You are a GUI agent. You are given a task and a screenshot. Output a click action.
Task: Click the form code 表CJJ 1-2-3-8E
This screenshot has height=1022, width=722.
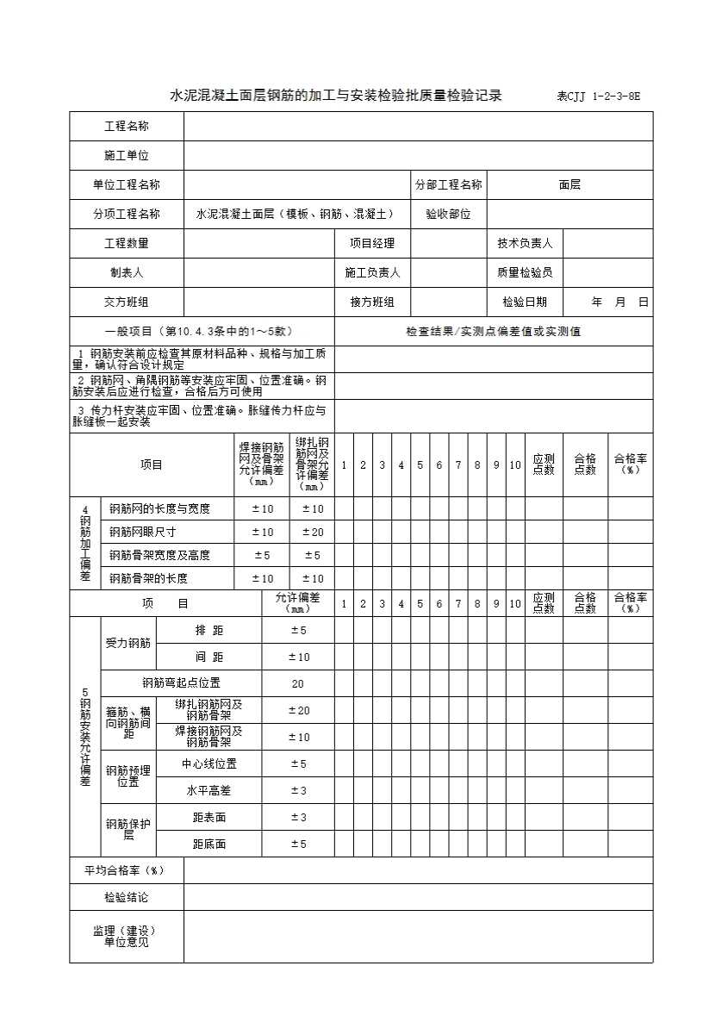click(x=598, y=97)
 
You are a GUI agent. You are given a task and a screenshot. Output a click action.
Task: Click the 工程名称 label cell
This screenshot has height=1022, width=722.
click(x=127, y=127)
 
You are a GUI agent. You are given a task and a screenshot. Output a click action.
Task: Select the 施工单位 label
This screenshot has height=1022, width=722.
click(x=127, y=156)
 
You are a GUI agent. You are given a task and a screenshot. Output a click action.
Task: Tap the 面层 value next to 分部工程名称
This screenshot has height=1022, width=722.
click(x=570, y=185)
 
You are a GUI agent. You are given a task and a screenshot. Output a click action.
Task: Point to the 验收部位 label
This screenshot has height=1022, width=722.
click(x=448, y=215)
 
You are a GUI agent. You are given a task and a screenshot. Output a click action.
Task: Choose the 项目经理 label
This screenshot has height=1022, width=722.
click(x=372, y=244)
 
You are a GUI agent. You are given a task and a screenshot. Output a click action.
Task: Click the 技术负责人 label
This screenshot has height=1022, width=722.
click(x=525, y=244)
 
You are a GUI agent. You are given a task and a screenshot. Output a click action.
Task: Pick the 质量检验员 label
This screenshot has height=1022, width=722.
click(x=525, y=273)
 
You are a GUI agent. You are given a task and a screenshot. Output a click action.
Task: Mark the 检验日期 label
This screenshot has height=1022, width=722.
click(x=525, y=302)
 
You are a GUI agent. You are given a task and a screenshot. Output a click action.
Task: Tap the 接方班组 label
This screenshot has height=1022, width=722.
click(x=372, y=302)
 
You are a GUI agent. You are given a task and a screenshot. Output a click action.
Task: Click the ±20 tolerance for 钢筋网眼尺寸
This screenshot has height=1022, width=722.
click(x=312, y=533)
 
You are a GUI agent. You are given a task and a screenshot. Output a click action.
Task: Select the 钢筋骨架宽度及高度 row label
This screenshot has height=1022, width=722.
click(x=159, y=556)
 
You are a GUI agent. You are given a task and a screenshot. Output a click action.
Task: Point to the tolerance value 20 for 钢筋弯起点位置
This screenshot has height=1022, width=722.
click(x=298, y=684)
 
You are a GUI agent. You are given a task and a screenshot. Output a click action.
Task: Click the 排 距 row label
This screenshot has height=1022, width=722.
click(x=209, y=631)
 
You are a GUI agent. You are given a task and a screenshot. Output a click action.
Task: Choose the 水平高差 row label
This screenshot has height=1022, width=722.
click(x=209, y=791)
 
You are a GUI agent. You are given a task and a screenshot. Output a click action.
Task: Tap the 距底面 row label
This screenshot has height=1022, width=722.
click(x=209, y=844)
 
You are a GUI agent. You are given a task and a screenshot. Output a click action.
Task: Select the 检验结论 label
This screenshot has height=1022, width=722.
click(x=127, y=898)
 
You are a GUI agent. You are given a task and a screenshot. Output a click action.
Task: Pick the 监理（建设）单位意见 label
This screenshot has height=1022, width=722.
click(x=127, y=937)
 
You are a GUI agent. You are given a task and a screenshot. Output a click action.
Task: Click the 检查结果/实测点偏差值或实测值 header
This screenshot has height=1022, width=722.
click(x=493, y=332)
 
